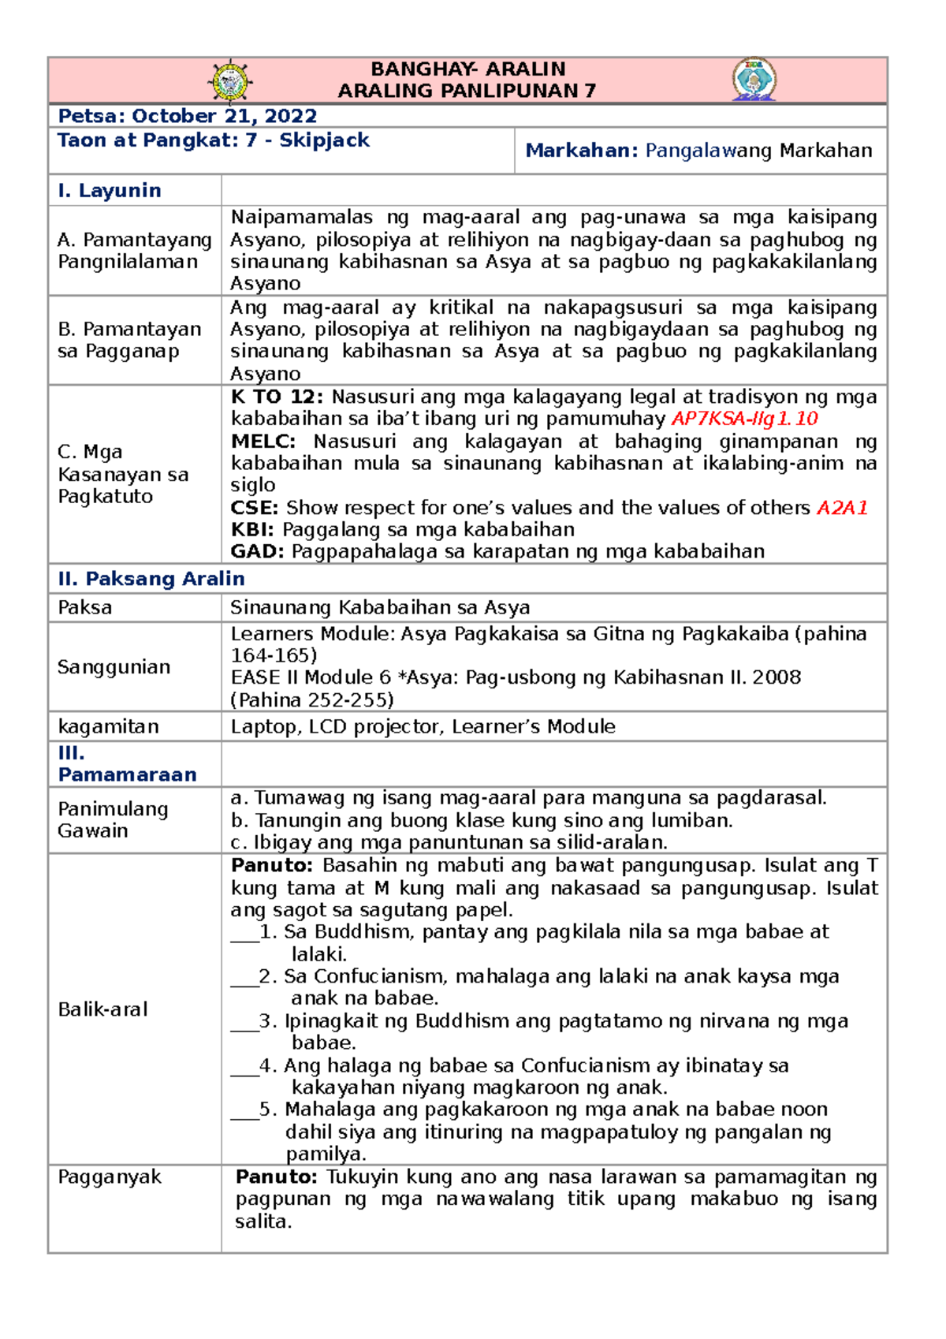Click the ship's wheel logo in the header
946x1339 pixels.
(x=229, y=80)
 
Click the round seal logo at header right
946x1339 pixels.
(x=754, y=79)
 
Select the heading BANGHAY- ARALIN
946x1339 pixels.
(x=468, y=69)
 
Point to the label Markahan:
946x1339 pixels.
(x=582, y=151)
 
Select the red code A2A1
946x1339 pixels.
(x=842, y=508)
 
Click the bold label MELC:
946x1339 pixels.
(x=263, y=442)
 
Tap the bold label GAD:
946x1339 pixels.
(x=257, y=552)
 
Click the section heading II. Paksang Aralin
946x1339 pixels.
(x=151, y=579)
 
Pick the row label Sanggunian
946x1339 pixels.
(x=114, y=667)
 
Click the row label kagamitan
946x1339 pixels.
(x=109, y=726)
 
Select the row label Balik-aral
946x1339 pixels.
(x=103, y=1009)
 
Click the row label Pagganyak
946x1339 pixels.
(x=110, y=1177)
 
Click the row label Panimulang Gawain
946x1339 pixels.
(x=113, y=820)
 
